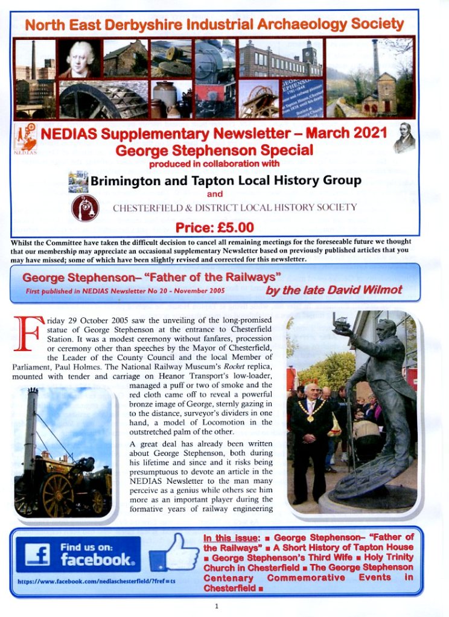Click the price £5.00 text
click(214, 227)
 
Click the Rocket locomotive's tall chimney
click(32, 422)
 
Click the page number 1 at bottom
click(216, 605)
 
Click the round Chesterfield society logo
click(85, 208)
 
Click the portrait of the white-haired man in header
click(78, 59)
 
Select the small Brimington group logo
click(78, 181)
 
